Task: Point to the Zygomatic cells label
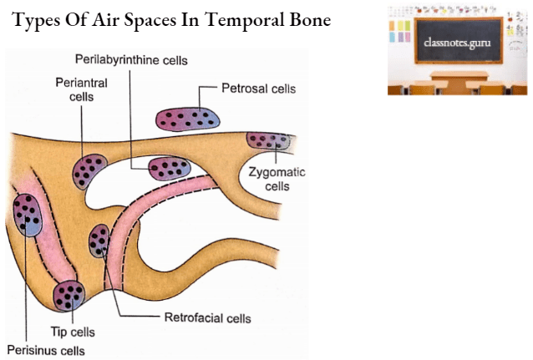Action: tap(277, 179)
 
